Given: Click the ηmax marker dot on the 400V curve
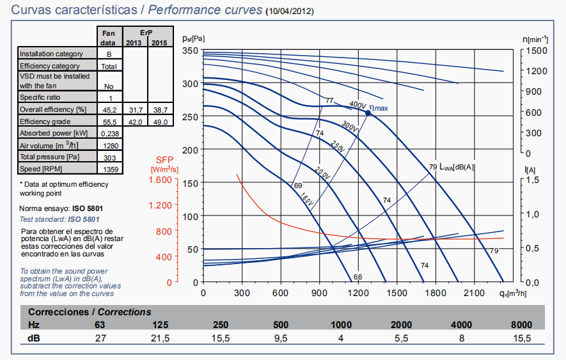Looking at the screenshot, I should [368, 113].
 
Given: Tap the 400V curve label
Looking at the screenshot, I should [357, 105].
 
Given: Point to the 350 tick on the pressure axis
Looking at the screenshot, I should [190, 51].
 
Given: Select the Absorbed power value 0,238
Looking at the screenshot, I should [110, 133].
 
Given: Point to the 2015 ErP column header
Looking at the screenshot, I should [159, 42].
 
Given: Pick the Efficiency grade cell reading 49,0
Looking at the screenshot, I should [159, 121].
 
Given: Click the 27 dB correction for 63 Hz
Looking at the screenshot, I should [100, 338].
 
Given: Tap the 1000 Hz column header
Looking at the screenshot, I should [342, 325].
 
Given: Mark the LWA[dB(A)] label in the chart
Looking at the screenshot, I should [457, 167].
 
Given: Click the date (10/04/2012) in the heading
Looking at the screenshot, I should [289, 12].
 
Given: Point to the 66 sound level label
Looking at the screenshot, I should [358, 277].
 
